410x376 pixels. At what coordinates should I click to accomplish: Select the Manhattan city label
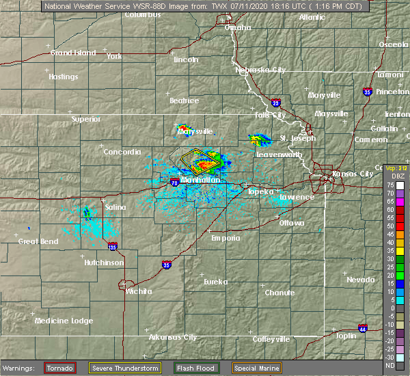pyautogui.click(x=201, y=180)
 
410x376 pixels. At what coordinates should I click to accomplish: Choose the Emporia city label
pyautogui.click(x=225, y=238)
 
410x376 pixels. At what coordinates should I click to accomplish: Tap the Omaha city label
pyautogui.click(x=238, y=27)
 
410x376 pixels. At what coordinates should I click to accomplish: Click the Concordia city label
pyautogui.click(x=122, y=152)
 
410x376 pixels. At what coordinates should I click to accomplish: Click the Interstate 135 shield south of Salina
pyautogui.click(x=113, y=247)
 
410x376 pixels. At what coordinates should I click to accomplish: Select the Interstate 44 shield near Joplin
pyautogui.click(x=362, y=327)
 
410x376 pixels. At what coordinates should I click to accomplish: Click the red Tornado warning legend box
pyautogui.click(x=60, y=368)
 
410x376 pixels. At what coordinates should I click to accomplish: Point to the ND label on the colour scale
pyautogui.click(x=390, y=365)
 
